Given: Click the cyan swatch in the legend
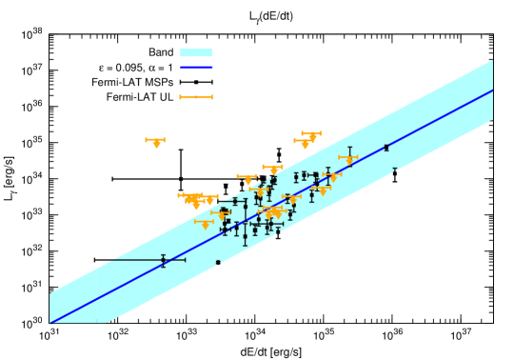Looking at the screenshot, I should tap(196, 53).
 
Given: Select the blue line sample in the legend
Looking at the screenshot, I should tap(196, 68).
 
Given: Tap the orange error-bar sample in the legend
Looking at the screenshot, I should tap(196, 97).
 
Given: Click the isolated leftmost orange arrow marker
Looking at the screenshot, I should tap(155, 141).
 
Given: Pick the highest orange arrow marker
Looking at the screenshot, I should tap(311, 134).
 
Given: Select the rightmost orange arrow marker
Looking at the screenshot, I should tap(348, 158).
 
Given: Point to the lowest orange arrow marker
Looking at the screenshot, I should tap(204, 224).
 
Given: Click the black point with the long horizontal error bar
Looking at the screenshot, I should tap(163, 259).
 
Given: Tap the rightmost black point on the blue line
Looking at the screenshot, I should tap(385, 148).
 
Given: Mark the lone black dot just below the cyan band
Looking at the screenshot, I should tap(218, 263).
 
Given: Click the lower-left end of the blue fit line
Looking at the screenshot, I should tap(50, 323).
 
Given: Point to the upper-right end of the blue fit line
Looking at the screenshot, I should tap(492, 90).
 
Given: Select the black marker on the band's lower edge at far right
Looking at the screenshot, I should tap(394, 171).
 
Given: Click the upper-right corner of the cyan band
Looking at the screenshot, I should tap(492, 61).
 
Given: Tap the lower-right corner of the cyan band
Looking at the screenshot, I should tap(492, 121).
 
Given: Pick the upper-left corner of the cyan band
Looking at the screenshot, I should tap(50, 293).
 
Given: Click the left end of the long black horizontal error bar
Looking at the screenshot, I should tap(109, 259).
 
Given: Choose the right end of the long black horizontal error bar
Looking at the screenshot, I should tap(185, 259).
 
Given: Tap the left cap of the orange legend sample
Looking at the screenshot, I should tap(180, 97).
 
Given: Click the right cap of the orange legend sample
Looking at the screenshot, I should tap(212, 97).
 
